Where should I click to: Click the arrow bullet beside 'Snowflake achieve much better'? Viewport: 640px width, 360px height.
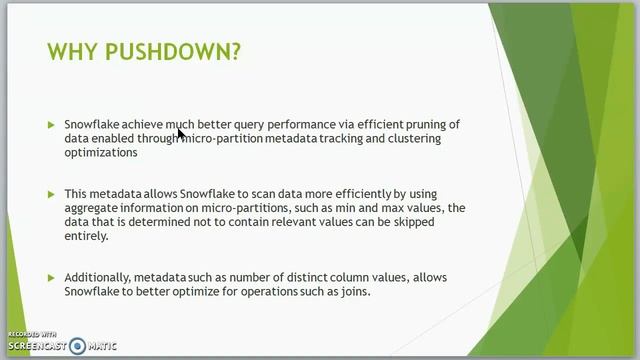pos(51,125)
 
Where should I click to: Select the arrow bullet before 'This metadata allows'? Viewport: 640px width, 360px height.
pos(51,194)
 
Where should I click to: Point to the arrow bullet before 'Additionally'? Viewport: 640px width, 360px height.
pos(51,277)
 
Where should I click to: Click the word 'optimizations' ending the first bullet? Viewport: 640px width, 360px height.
pos(100,153)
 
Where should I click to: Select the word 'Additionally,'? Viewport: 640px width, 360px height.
pos(98,277)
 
